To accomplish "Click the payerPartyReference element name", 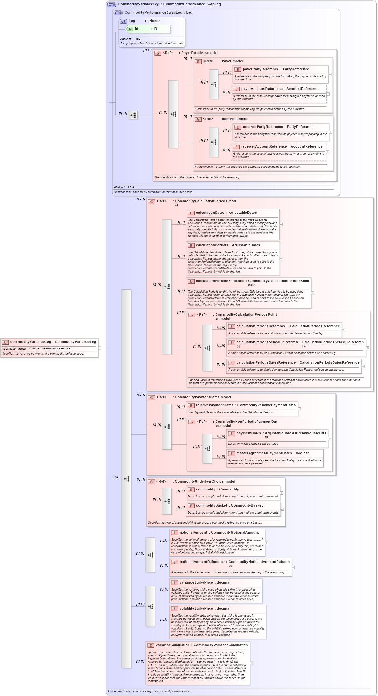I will tap(260, 69).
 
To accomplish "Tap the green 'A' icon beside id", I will tap(130, 29).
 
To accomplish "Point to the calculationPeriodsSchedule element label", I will tap(220, 281).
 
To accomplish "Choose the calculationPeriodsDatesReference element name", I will tap(266, 363).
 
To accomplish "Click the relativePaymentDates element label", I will tap(215, 405).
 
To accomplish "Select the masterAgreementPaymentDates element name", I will tap(264, 453).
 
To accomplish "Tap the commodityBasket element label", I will tap(211, 506).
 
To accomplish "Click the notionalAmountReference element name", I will tap(202, 562).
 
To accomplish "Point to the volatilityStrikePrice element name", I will tap(196, 609).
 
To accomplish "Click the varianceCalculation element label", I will tap(172, 645).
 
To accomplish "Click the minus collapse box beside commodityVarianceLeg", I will tap(100, 348).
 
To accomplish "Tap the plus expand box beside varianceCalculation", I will tap(251, 663).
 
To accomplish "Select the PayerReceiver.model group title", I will tap(199, 53).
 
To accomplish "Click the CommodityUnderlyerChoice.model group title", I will tap(205, 482).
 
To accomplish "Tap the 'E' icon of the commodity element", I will tap(191, 490).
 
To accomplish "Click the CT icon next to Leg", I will tap(123, 21).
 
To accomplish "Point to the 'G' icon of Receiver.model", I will tap(198, 119).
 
